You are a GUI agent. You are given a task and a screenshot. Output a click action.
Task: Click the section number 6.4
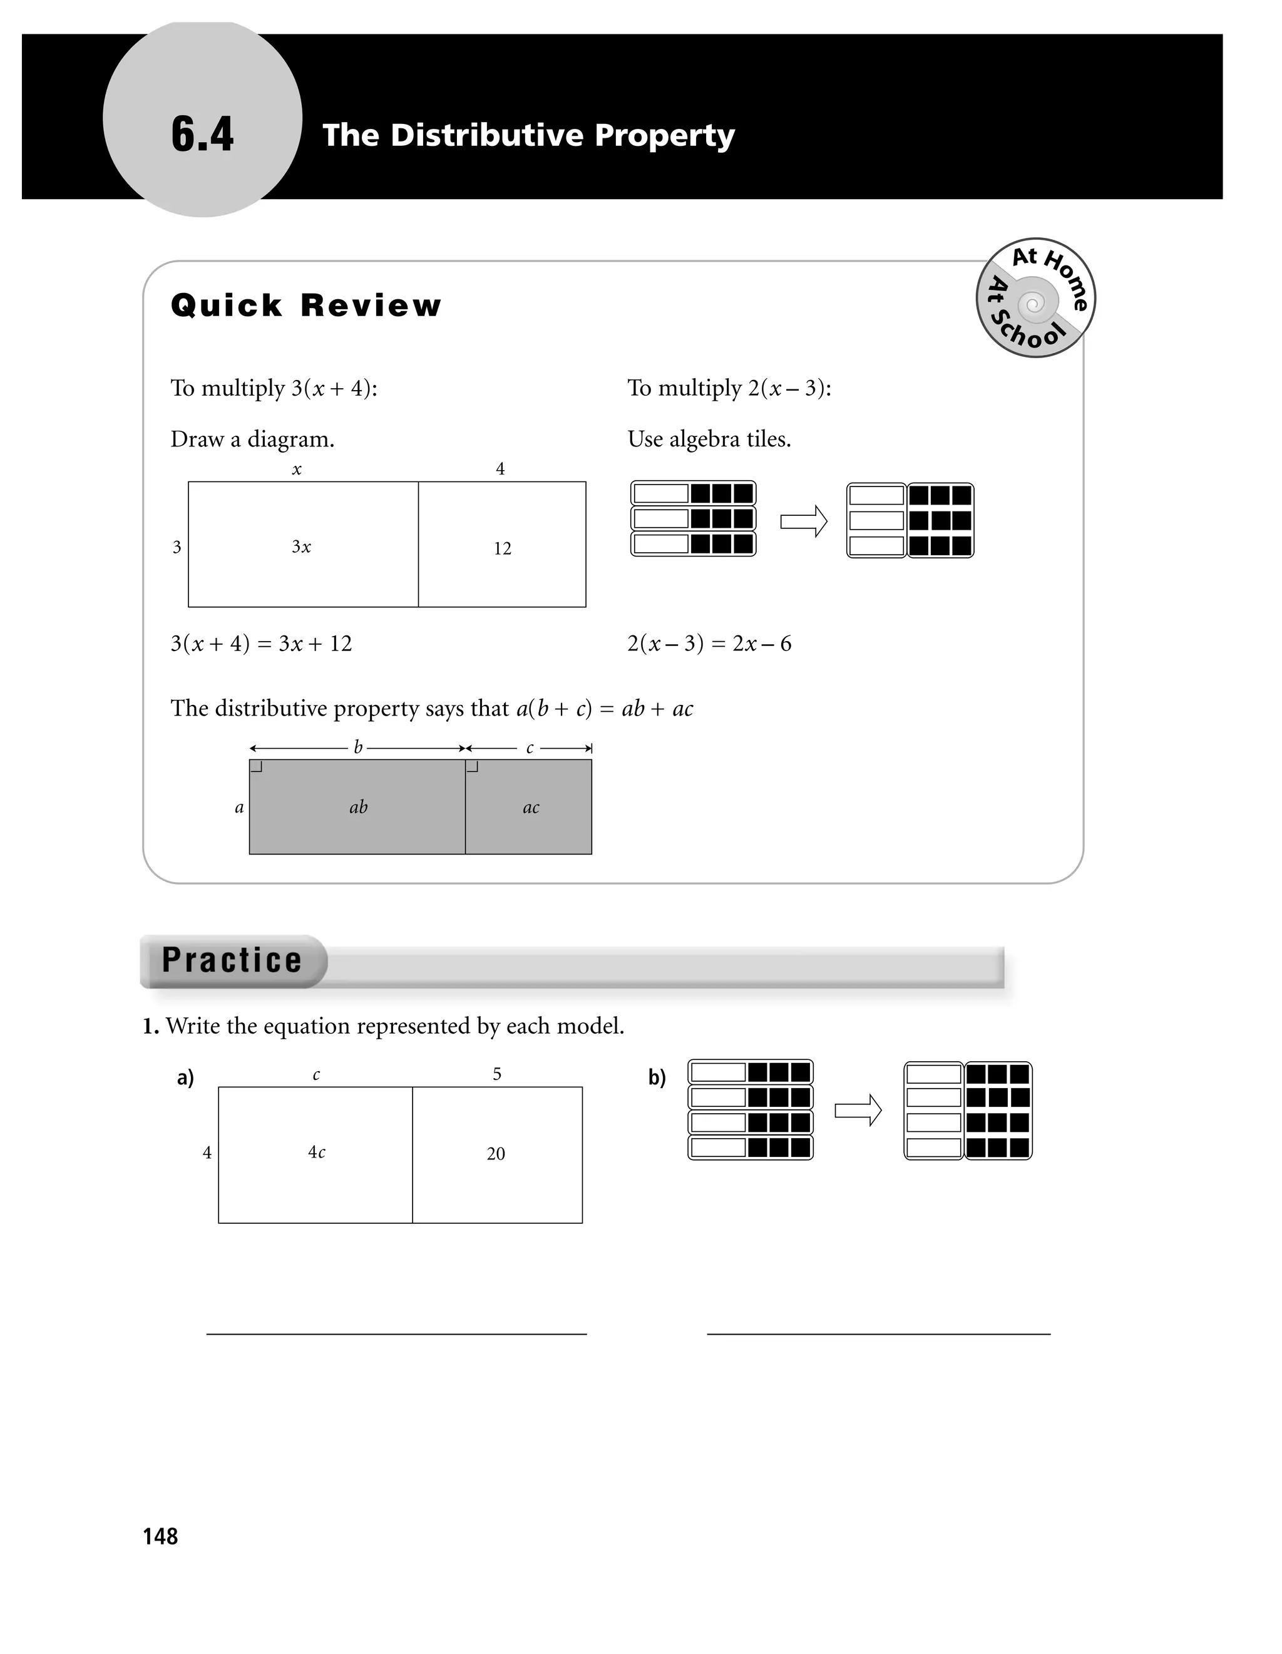click(x=202, y=135)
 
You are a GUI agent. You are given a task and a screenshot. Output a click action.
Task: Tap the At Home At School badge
click(x=1035, y=297)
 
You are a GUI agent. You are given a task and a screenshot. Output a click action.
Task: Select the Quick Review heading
click(x=306, y=306)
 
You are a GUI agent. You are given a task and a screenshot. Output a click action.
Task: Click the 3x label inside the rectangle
click(x=301, y=547)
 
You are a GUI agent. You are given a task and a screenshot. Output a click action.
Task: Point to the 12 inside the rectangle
click(x=502, y=548)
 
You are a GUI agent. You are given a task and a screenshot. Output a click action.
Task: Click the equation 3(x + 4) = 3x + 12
click(x=261, y=644)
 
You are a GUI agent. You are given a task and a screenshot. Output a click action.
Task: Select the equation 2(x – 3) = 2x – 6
click(x=709, y=644)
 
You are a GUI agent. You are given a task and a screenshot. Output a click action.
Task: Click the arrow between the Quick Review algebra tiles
click(x=803, y=521)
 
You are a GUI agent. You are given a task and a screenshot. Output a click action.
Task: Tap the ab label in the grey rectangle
click(x=358, y=808)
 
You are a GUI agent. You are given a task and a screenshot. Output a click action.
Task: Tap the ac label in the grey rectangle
click(x=531, y=808)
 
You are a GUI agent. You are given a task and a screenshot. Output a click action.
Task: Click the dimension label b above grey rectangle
click(x=358, y=747)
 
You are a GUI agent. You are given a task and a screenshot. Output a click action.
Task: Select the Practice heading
click(x=232, y=960)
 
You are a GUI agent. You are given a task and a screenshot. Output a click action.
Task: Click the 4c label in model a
click(x=317, y=1153)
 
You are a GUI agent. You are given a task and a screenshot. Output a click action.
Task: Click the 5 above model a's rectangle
click(x=497, y=1074)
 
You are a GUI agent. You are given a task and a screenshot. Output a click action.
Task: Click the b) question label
click(x=657, y=1077)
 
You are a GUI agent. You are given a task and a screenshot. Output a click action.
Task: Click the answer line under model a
click(x=396, y=1333)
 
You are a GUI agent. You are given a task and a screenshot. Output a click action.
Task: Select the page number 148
click(x=160, y=1536)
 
